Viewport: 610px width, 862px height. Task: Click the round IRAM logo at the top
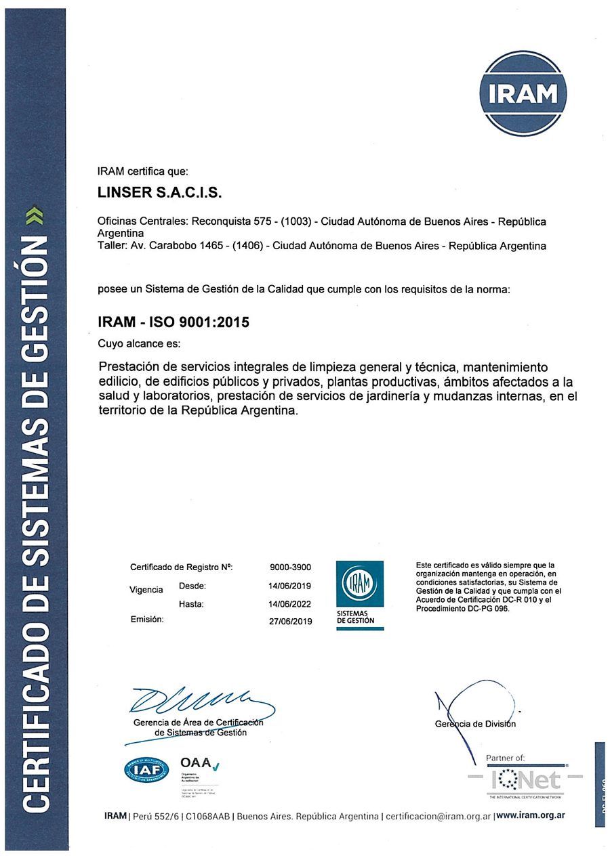(x=523, y=93)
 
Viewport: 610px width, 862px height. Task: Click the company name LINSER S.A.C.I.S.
(x=160, y=193)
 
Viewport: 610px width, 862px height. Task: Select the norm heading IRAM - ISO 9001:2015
(x=174, y=323)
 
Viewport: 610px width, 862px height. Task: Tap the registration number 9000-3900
(x=291, y=567)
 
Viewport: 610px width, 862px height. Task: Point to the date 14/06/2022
(x=291, y=603)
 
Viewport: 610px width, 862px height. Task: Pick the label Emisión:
(x=147, y=620)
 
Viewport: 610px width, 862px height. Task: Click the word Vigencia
(x=146, y=590)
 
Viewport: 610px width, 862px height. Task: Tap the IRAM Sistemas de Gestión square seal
(x=360, y=595)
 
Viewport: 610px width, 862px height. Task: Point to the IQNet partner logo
(x=525, y=779)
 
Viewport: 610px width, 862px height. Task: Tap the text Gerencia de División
(x=475, y=724)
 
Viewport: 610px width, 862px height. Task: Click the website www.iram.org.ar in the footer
(x=531, y=816)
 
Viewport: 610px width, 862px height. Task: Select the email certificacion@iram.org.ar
(x=438, y=816)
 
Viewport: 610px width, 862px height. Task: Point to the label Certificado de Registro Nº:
(x=181, y=567)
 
